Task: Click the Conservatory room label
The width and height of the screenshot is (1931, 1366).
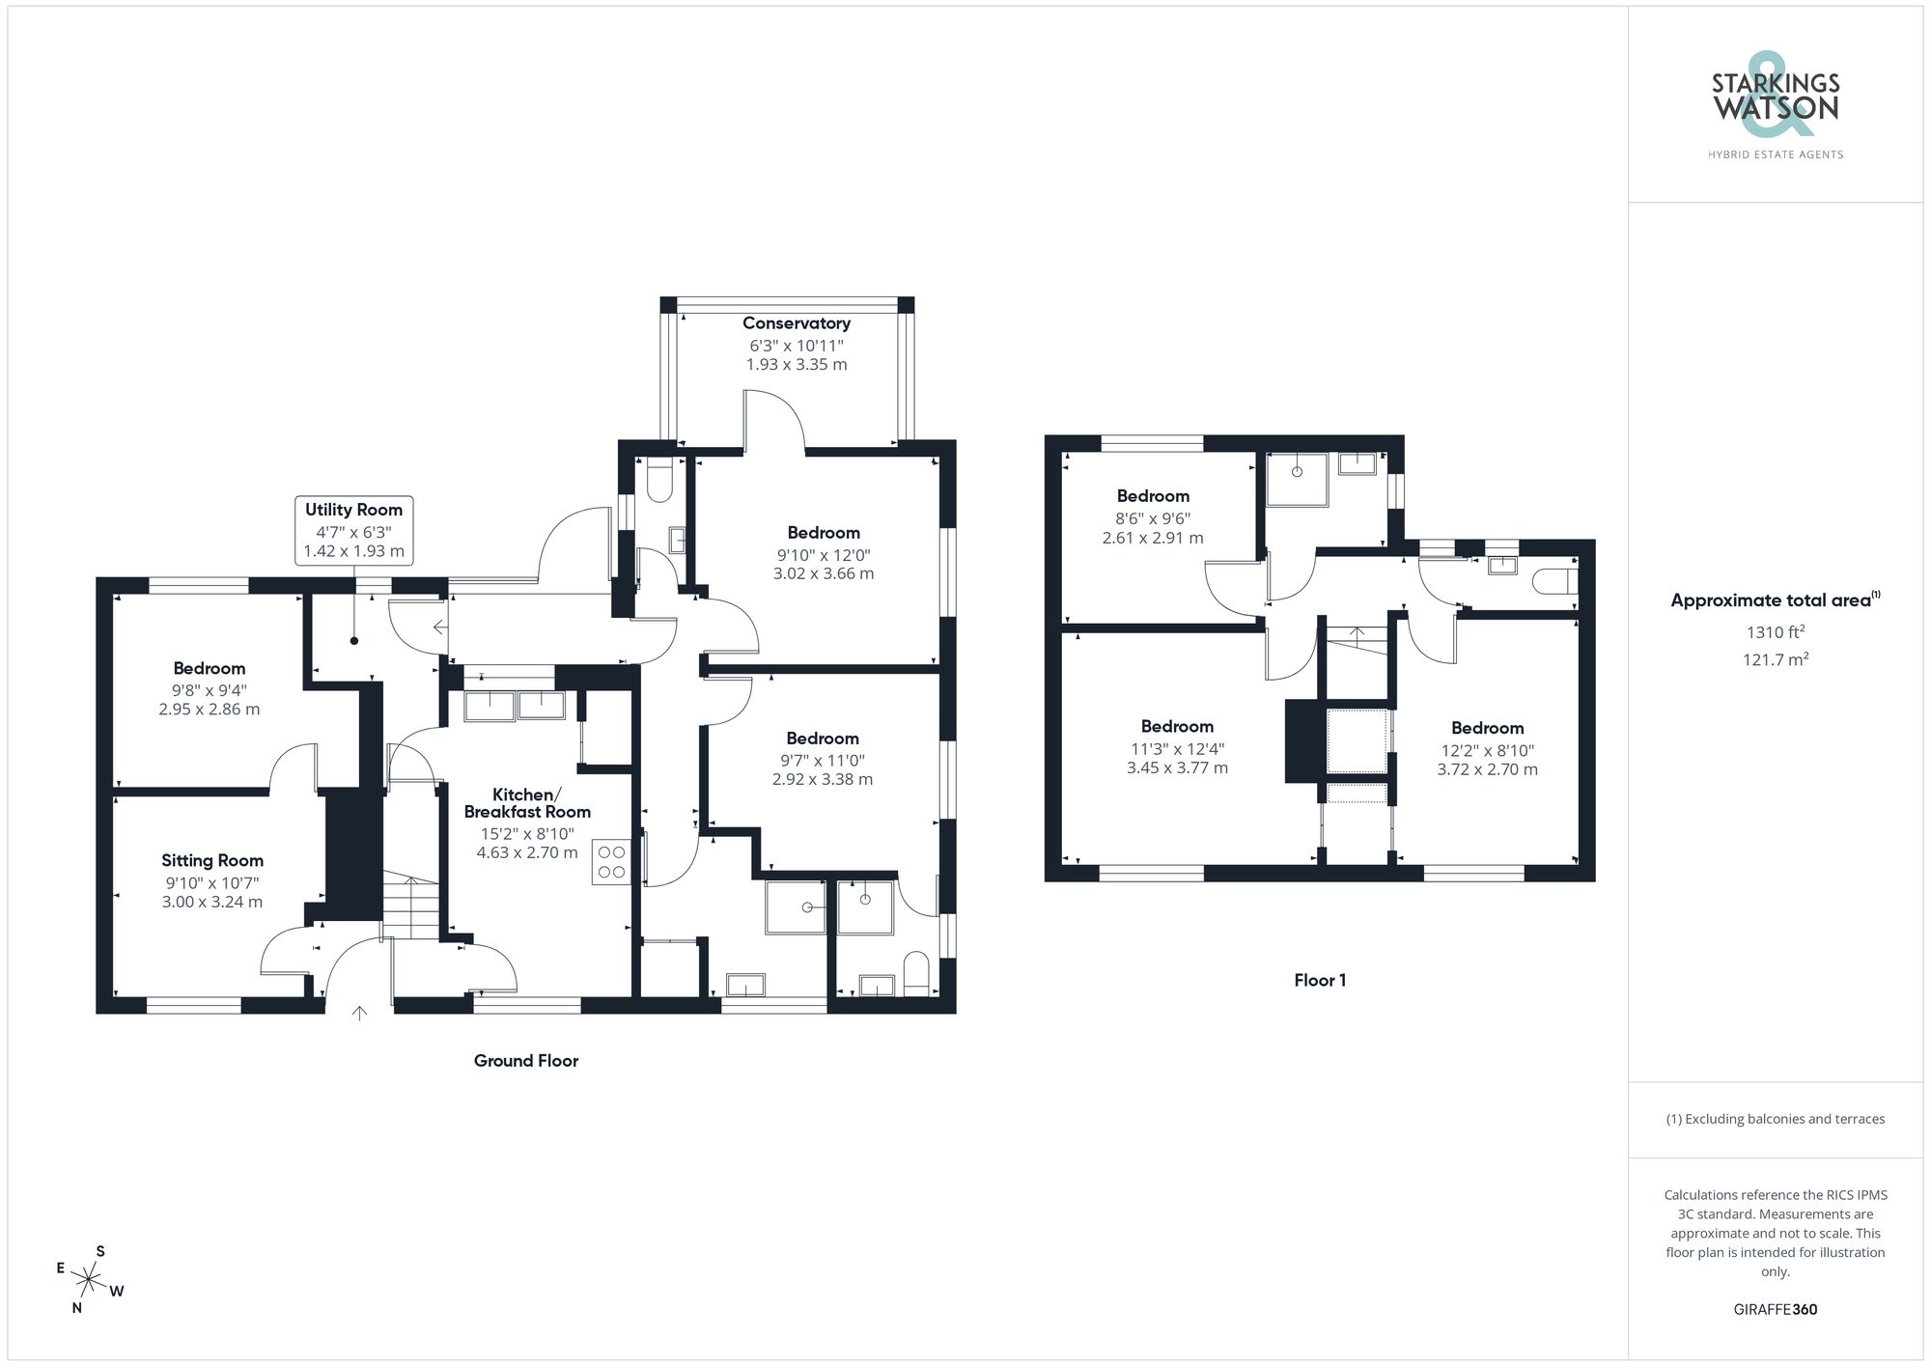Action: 796,323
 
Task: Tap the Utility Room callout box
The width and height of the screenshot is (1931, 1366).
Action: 353,530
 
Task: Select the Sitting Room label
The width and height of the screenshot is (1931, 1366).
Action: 212,860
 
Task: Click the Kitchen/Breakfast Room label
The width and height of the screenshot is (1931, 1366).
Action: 527,803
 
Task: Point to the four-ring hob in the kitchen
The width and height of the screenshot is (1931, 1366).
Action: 611,861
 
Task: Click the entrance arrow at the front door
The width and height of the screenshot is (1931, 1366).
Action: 359,1013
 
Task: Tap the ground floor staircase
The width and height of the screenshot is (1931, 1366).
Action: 411,906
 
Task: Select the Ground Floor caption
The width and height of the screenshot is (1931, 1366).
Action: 525,1060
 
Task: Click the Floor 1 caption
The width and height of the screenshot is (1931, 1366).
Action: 1320,980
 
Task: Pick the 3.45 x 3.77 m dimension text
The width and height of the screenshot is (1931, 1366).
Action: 1177,768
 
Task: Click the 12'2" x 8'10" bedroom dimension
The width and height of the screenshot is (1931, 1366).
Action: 1487,750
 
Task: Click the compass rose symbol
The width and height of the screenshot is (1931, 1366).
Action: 89,1281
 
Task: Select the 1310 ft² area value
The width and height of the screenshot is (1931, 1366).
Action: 1775,632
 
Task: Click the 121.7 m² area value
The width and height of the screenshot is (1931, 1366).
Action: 1775,659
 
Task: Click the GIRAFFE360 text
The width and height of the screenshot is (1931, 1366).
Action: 1775,1309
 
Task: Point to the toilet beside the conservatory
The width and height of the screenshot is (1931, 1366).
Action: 659,480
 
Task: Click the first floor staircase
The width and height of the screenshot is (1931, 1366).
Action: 1356,639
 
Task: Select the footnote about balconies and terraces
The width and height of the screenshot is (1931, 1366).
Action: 1775,1119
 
